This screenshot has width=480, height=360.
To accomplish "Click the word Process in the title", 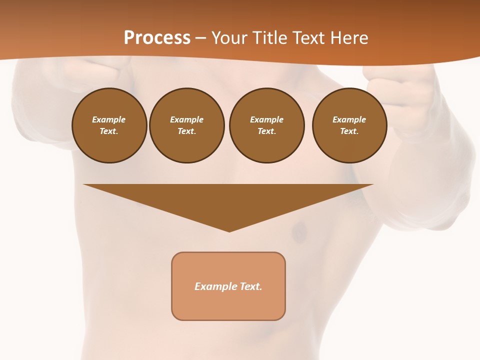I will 157,37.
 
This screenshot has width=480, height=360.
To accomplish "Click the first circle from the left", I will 109,125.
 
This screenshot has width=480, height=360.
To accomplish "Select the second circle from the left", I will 187,125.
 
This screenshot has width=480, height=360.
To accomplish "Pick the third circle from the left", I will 266,125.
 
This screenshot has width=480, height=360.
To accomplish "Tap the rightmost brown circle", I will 349,125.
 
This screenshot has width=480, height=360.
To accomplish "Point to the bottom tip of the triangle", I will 229,230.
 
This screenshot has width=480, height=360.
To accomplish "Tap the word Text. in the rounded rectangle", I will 251,286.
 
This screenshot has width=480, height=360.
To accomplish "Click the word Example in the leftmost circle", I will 109,119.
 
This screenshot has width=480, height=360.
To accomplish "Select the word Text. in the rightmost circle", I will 349,131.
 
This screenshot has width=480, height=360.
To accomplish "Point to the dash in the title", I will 201,38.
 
